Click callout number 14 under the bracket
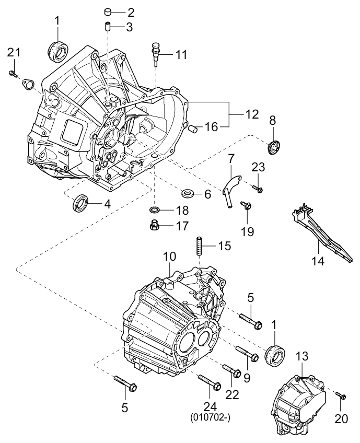tap(318, 261)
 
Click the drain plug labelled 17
tap(154, 226)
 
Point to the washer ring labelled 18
tap(155, 210)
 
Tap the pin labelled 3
tap(107, 26)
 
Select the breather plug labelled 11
tap(156, 52)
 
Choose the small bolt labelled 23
tap(257, 188)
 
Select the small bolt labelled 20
tap(340, 395)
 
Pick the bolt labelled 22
tap(231, 370)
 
